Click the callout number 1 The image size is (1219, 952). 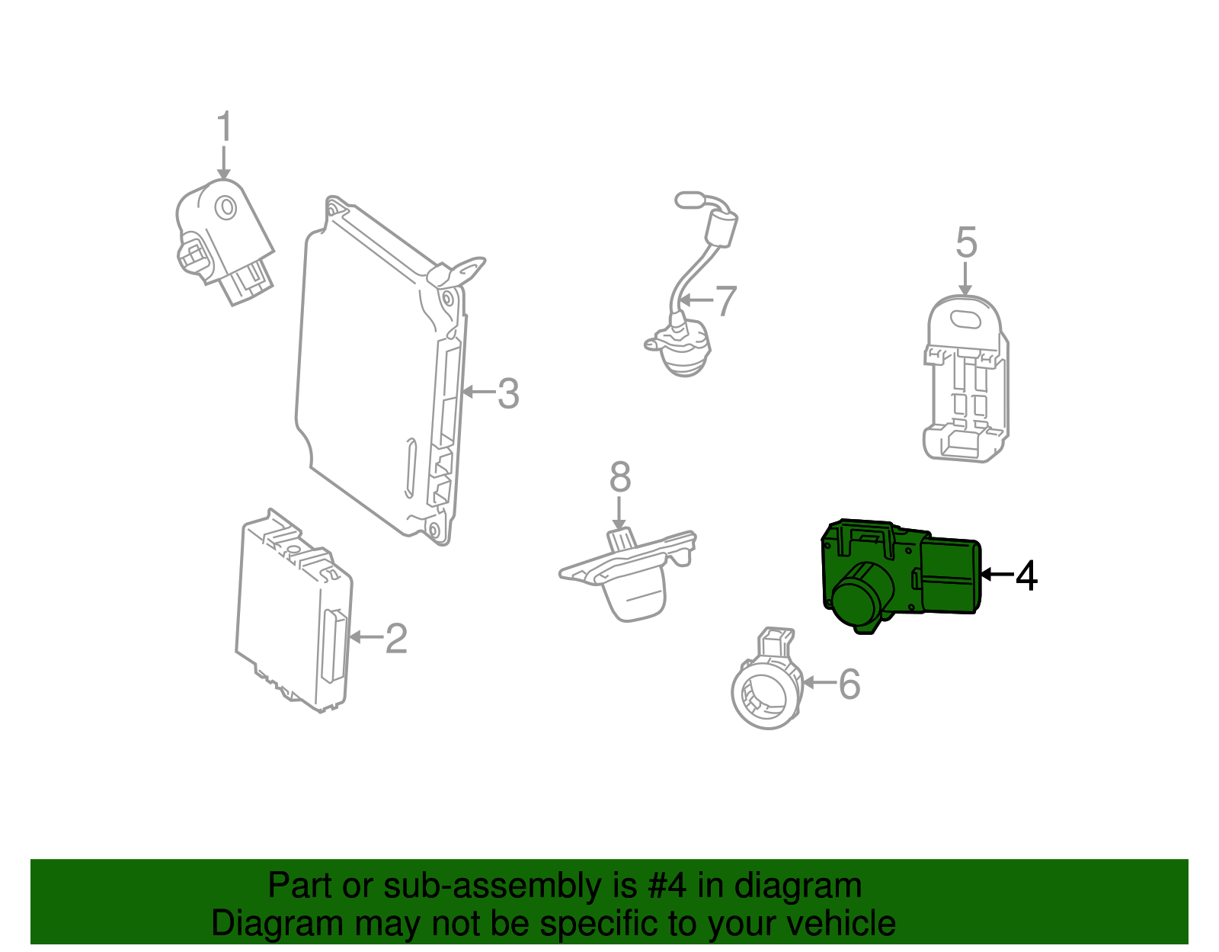point(223,127)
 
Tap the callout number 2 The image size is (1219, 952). point(396,639)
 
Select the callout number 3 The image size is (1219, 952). point(508,394)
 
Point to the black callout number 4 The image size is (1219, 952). point(1026,575)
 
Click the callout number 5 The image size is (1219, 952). point(966,242)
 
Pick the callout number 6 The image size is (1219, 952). point(849,684)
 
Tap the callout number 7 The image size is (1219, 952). point(726,301)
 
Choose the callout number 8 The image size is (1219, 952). point(620,478)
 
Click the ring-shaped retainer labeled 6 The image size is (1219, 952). point(766,690)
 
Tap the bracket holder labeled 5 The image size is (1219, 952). point(965,381)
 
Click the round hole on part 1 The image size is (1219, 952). point(226,207)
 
